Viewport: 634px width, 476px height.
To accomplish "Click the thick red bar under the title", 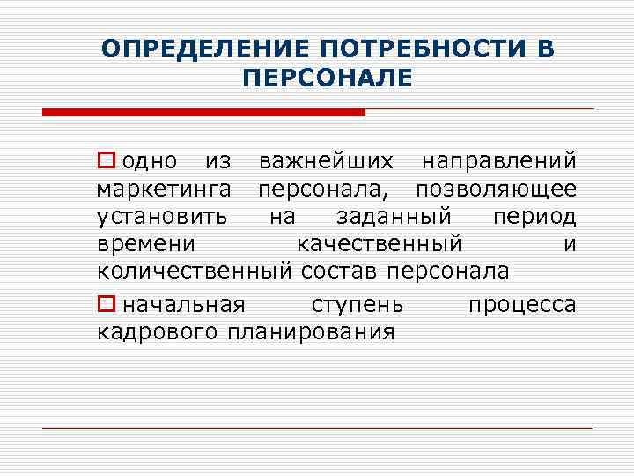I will click(203, 112).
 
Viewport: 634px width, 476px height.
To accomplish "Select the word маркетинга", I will click(165, 190).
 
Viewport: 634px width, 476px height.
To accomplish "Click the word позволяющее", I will click(497, 190).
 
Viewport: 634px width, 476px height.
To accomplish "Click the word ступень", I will click(358, 305).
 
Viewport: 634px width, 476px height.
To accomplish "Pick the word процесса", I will click(522, 305).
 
